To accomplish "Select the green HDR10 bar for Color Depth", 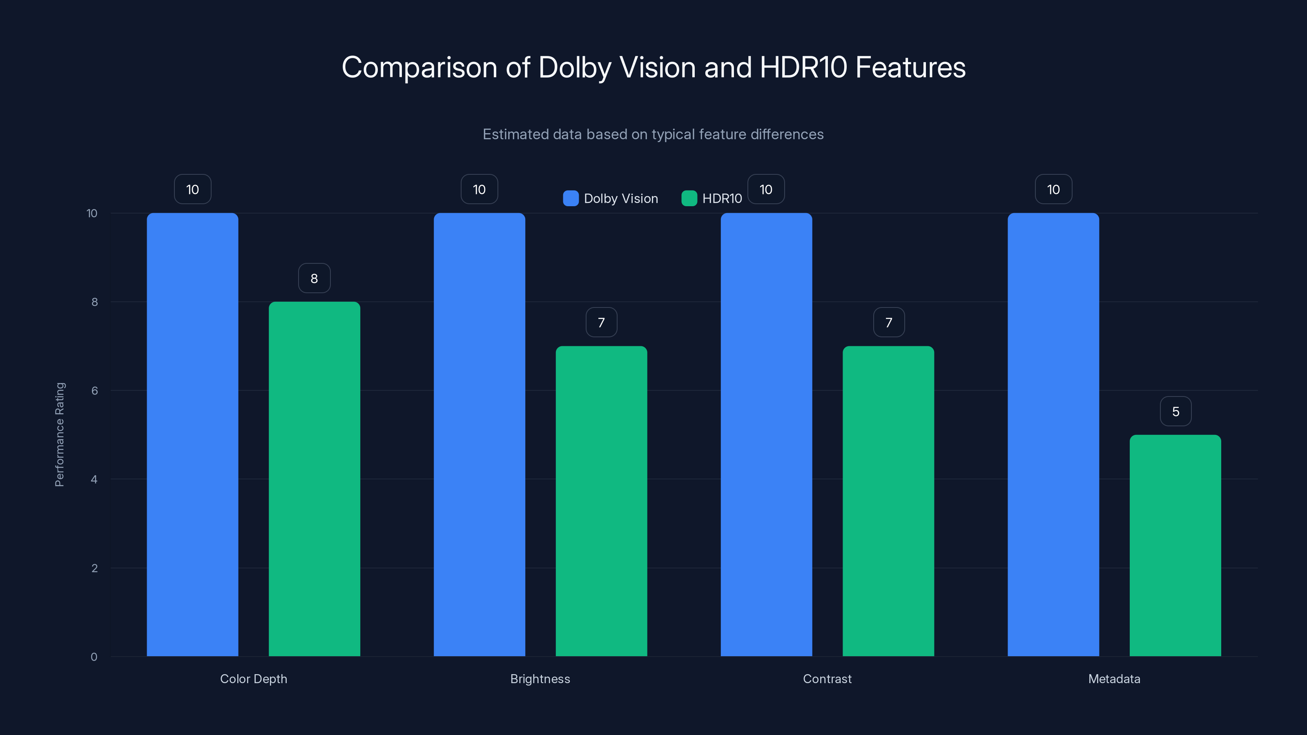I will pyautogui.click(x=314, y=479).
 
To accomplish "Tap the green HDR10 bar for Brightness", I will pyautogui.click(x=601, y=501).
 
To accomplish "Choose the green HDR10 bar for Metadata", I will pyautogui.click(x=1175, y=545).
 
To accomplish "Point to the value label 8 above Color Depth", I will pyautogui.click(x=314, y=278).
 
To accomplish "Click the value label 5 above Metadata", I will pyautogui.click(x=1175, y=411).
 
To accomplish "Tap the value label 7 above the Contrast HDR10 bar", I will pyautogui.click(x=888, y=323).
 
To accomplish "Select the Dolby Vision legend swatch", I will pyautogui.click(x=571, y=198).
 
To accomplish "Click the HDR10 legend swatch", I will pyautogui.click(x=689, y=198).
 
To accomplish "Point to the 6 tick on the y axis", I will pyautogui.click(x=94, y=391).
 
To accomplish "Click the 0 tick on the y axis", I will pyautogui.click(x=94, y=657).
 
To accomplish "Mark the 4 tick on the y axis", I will pyautogui.click(x=94, y=479).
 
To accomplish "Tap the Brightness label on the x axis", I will pyautogui.click(x=540, y=679).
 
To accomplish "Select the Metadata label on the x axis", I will pyautogui.click(x=1114, y=679).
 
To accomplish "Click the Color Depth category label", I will pyautogui.click(x=253, y=679).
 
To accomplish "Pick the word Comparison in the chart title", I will pyautogui.click(x=419, y=67).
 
